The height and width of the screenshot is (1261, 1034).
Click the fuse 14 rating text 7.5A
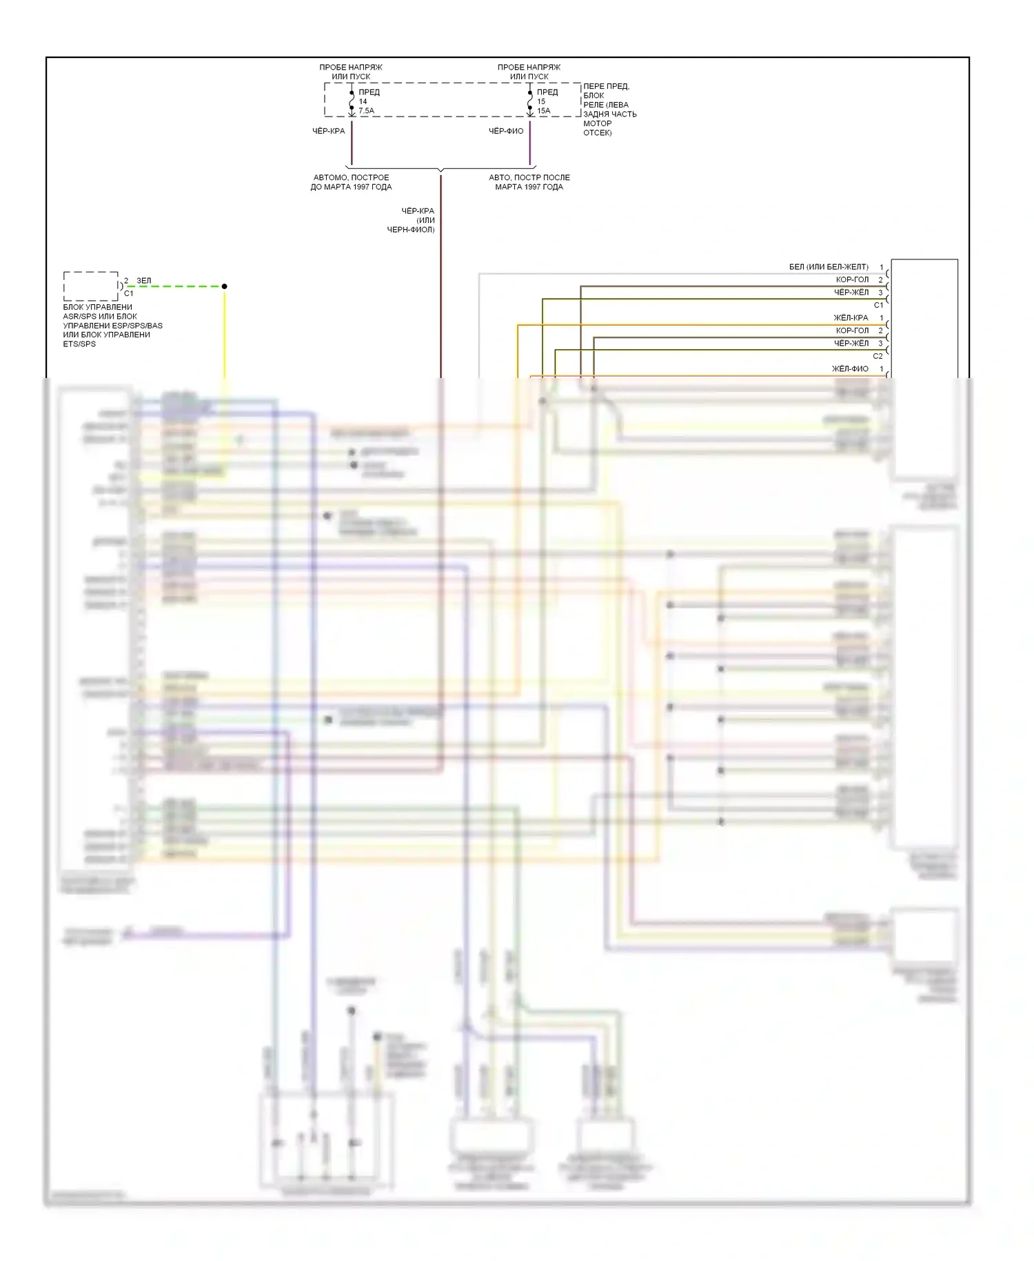[x=366, y=110]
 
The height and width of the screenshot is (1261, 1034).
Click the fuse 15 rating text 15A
[x=544, y=110]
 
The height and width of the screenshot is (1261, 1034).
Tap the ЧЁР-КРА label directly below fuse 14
[x=328, y=131]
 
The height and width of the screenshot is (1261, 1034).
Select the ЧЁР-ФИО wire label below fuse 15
[x=506, y=131]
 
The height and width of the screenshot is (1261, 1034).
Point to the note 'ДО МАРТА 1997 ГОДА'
[x=351, y=187]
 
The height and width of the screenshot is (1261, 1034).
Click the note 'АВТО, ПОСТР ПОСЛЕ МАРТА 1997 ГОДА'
[x=529, y=182]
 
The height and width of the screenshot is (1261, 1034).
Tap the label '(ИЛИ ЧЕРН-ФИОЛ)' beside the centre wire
[x=411, y=225]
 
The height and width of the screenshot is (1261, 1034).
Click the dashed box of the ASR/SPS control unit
[x=90, y=286]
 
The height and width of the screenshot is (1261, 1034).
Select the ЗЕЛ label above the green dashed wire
[x=143, y=281]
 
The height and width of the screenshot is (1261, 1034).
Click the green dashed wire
[x=176, y=286]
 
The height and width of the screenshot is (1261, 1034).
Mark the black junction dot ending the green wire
[x=224, y=286]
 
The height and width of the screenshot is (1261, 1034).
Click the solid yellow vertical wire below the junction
[x=224, y=331]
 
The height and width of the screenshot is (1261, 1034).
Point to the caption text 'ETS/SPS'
[x=79, y=344]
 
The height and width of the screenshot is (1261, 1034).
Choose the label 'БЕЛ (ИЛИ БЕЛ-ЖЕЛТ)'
[x=829, y=267]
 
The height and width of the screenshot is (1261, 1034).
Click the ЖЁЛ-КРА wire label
[x=851, y=318]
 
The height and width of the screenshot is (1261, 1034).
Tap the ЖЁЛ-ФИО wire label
[x=850, y=369]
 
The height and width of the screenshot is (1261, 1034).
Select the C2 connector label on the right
[x=878, y=356]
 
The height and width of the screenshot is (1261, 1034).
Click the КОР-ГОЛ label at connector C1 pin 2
[x=852, y=279]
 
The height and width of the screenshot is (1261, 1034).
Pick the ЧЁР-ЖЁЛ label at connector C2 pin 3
[x=851, y=344]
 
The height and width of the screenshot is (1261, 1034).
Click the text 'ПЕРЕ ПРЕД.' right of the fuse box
[x=606, y=86]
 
